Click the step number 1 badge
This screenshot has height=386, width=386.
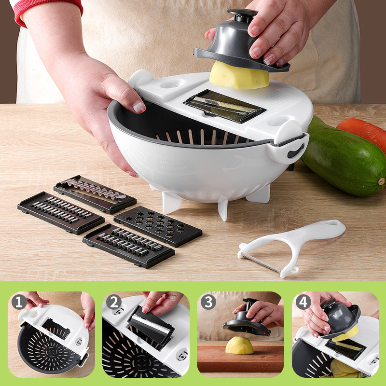pos(19,302)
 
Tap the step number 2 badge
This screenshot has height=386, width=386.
pos(114,302)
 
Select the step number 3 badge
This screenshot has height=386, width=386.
pos(208,302)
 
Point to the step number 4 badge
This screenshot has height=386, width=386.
pos(303,302)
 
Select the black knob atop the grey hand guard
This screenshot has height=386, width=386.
pos(242,15)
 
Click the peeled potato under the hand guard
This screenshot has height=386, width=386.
pos(239,76)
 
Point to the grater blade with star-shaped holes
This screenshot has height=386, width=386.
pos(158,226)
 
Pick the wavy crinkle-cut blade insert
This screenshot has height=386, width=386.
pos(95,194)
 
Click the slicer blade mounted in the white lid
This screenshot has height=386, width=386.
pos(224,106)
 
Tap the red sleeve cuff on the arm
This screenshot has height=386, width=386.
pos(47,10)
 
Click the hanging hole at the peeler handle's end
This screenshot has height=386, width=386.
pos(331,223)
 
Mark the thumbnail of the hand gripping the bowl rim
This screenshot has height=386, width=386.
pos(138,107)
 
